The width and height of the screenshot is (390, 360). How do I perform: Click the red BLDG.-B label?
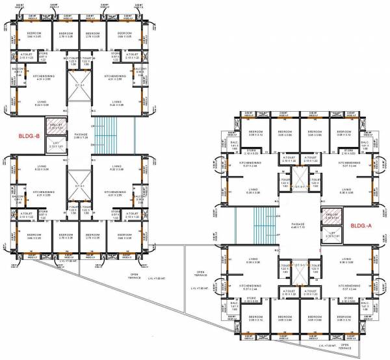pyautogui.click(x=29, y=137)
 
